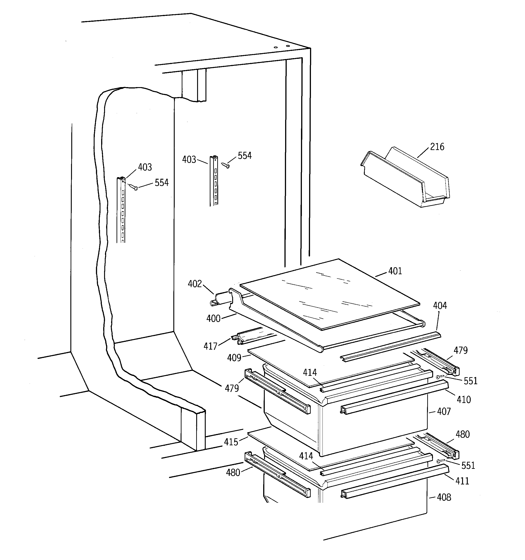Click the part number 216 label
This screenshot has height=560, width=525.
437,147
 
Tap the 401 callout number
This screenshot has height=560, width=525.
395,271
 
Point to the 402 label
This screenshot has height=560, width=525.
195,284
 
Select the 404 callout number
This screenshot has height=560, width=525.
440,306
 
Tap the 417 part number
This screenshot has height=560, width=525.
210,346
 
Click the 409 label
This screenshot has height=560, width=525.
234,358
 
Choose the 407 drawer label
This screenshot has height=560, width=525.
444,412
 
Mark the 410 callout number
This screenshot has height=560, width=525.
464,399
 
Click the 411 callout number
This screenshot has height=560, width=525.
462,481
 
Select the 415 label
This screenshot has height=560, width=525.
231,442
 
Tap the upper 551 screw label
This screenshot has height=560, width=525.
470,381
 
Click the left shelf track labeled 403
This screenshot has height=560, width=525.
122,210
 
